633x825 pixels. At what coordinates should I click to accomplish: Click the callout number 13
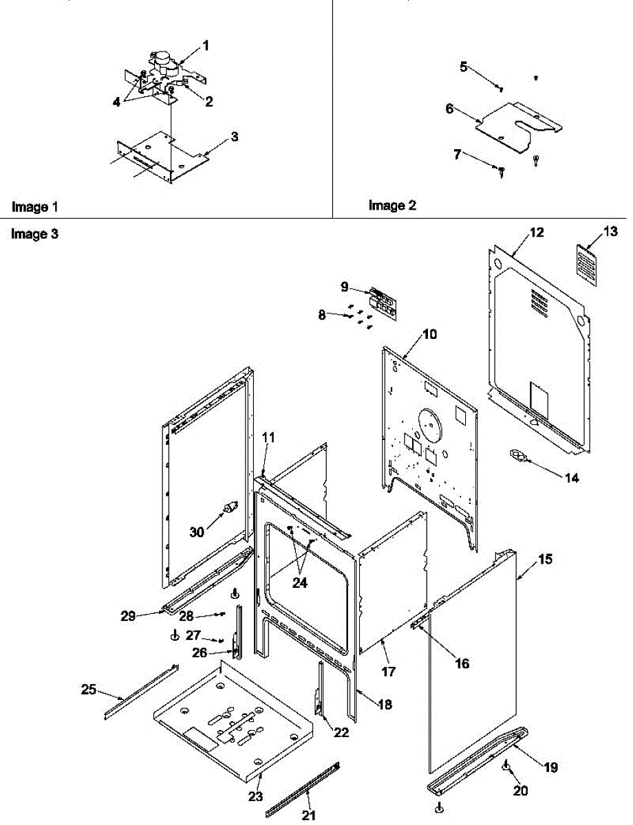click(x=610, y=232)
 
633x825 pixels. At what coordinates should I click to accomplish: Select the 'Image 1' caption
click(x=35, y=206)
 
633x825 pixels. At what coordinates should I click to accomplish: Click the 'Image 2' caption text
click(x=392, y=205)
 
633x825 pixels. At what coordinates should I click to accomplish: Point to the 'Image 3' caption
click(x=35, y=234)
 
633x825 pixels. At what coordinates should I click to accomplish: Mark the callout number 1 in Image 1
click(x=205, y=46)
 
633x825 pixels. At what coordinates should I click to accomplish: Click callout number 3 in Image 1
click(x=235, y=137)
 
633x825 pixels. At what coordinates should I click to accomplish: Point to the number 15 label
click(x=544, y=560)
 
